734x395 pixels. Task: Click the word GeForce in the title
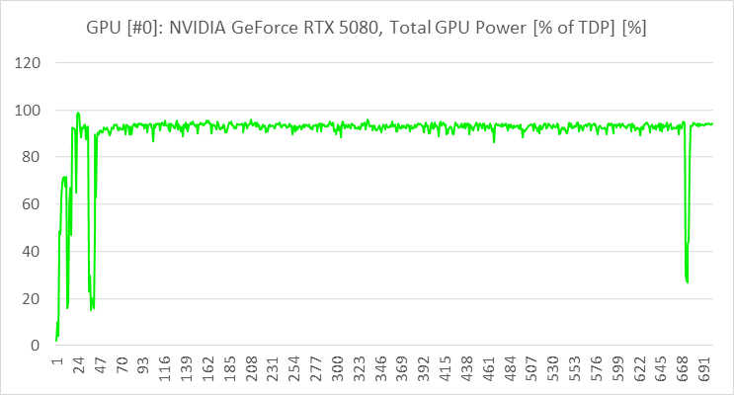coord(262,27)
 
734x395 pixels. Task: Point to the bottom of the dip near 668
coord(687,282)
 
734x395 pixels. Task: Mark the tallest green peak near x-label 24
coord(78,113)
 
